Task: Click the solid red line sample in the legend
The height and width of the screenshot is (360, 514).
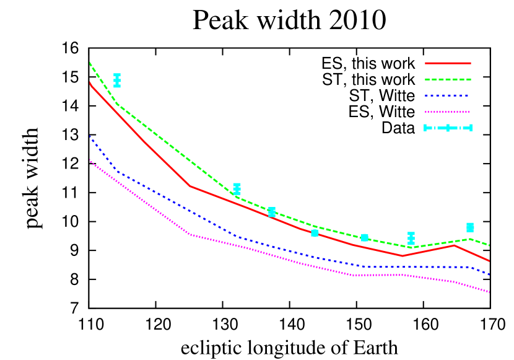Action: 448,63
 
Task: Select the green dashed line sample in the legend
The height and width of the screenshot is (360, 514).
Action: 448,79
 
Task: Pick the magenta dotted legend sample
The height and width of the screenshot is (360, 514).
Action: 448,112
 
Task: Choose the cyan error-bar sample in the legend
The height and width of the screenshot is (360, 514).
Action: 448,128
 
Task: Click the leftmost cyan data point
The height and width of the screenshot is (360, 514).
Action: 117,81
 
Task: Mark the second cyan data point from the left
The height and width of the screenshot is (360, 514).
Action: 237,189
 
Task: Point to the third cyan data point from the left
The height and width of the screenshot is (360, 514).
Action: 272,213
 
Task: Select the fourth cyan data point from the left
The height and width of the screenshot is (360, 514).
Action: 315,233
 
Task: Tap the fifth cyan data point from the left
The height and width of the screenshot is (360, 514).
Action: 365,238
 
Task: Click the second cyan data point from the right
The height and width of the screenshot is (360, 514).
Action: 411,239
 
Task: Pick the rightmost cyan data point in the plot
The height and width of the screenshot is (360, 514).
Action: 470,227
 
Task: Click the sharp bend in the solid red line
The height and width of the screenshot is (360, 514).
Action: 190,186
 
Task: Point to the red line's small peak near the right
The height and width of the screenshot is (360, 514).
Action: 454,245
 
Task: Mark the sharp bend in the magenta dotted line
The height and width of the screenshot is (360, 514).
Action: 190,234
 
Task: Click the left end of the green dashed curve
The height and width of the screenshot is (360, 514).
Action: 90,63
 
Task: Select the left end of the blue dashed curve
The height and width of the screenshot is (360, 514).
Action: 90,136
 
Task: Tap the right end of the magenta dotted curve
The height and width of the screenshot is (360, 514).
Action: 489,292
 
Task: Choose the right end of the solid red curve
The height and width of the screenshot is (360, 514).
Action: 489,261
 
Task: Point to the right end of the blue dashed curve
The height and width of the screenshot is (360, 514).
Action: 489,274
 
